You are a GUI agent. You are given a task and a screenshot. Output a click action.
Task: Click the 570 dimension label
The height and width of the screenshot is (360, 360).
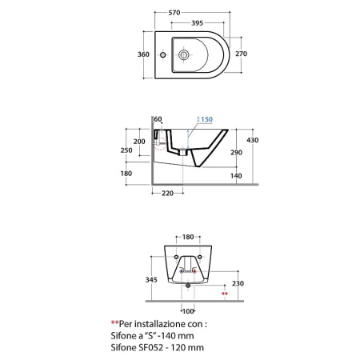pyautogui.click(x=174, y=13)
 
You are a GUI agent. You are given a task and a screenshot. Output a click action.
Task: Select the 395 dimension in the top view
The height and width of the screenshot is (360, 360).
pyautogui.click(x=198, y=23)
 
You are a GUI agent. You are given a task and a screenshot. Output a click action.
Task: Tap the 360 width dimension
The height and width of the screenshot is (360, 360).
pyautogui.click(x=143, y=54)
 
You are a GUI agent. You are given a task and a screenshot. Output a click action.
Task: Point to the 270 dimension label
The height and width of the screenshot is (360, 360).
pyautogui.click(x=241, y=54)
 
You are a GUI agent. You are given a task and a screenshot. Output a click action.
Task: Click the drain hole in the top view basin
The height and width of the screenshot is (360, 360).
pyautogui.click(x=184, y=54)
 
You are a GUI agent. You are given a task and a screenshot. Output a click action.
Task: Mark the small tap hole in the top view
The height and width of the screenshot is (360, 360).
pyautogui.click(x=162, y=55)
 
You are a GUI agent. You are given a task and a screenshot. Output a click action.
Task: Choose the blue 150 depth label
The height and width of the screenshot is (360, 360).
pyautogui.click(x=206, y=119)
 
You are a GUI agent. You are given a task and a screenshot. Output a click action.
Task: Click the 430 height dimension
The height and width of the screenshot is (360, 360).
pyautogui.click(x=252, y=140)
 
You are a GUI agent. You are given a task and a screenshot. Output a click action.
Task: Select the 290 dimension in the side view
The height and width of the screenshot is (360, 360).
pyautogui.click(x=236, y=153)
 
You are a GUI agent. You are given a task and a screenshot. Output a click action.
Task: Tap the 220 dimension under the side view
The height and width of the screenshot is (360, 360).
pyautogui.click(x=167, y=194)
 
